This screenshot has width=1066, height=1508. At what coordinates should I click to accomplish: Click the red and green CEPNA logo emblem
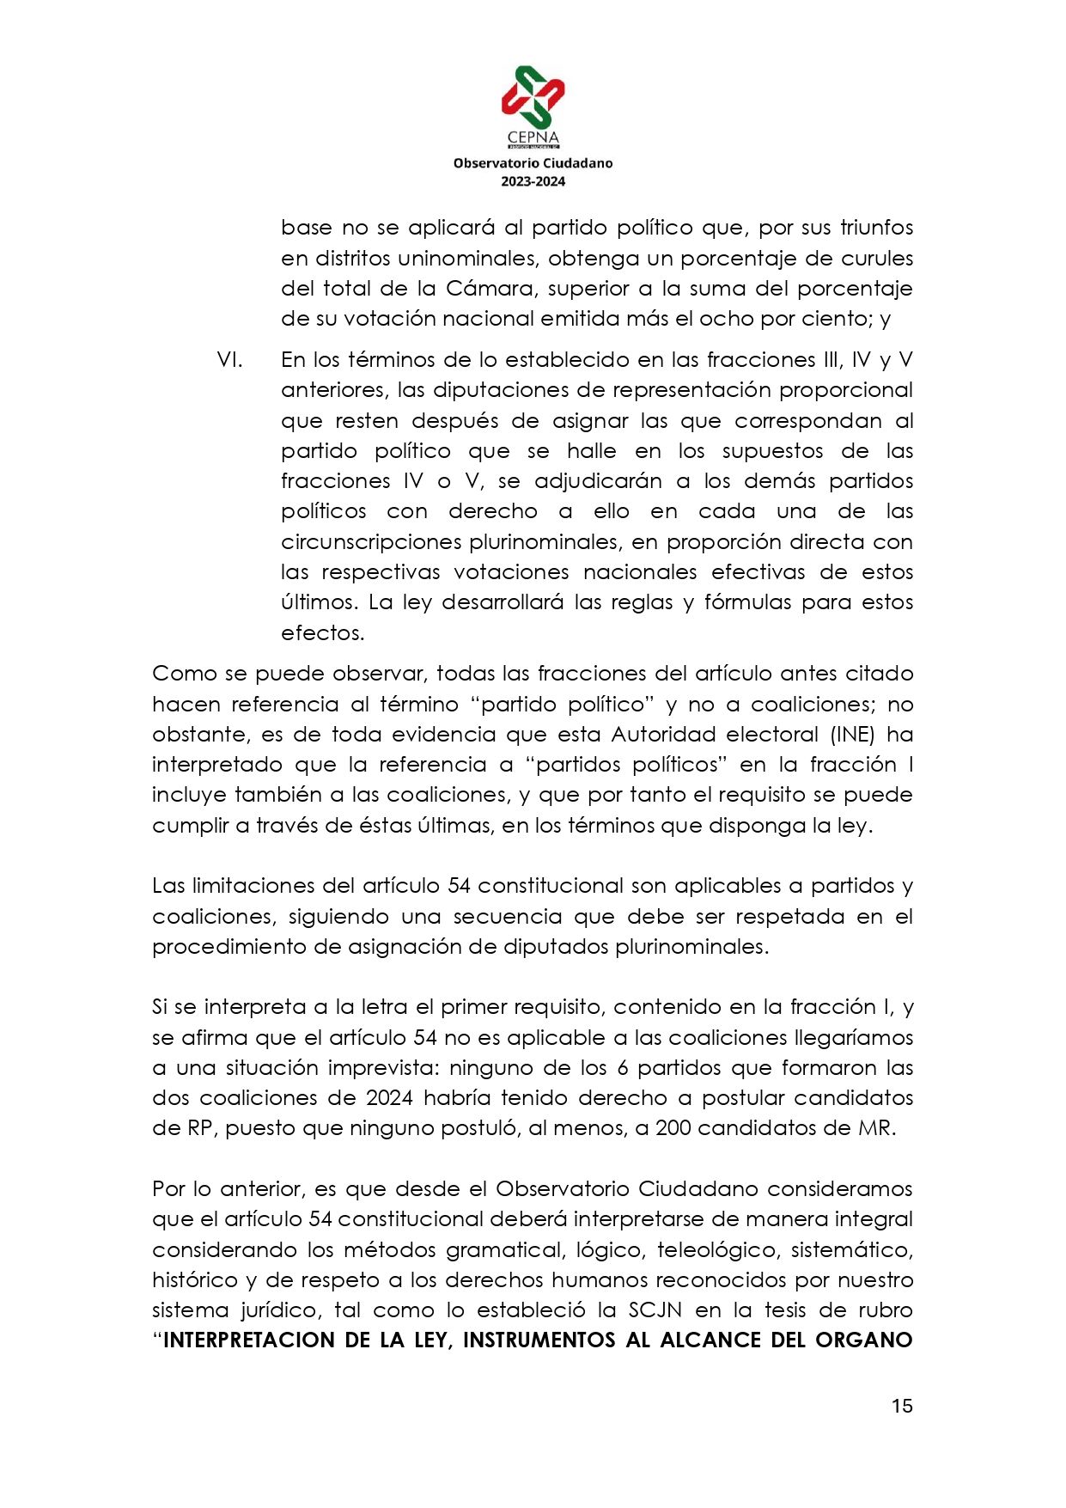533,96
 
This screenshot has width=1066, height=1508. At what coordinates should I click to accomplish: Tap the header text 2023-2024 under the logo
533,181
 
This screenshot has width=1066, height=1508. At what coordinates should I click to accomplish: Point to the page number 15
901,1406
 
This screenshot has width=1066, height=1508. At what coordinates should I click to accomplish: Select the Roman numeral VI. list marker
229,360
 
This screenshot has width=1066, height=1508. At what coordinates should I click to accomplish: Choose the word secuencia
508,917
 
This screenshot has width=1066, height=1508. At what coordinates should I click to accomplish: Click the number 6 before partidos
623,1068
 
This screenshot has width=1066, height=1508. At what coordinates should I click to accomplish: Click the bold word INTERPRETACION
248,1340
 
